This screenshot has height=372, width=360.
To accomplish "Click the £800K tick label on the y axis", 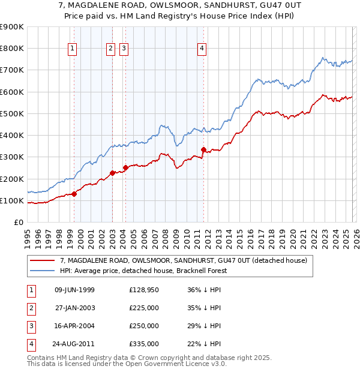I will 12,49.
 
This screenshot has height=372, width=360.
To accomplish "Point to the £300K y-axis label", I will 12,157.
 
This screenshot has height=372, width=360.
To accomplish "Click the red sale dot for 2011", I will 203,149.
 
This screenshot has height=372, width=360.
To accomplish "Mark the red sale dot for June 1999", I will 74,194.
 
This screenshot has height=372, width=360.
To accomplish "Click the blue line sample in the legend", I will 43,271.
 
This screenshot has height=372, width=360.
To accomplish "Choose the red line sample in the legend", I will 43,260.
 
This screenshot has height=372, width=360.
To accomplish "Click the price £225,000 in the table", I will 144,308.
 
